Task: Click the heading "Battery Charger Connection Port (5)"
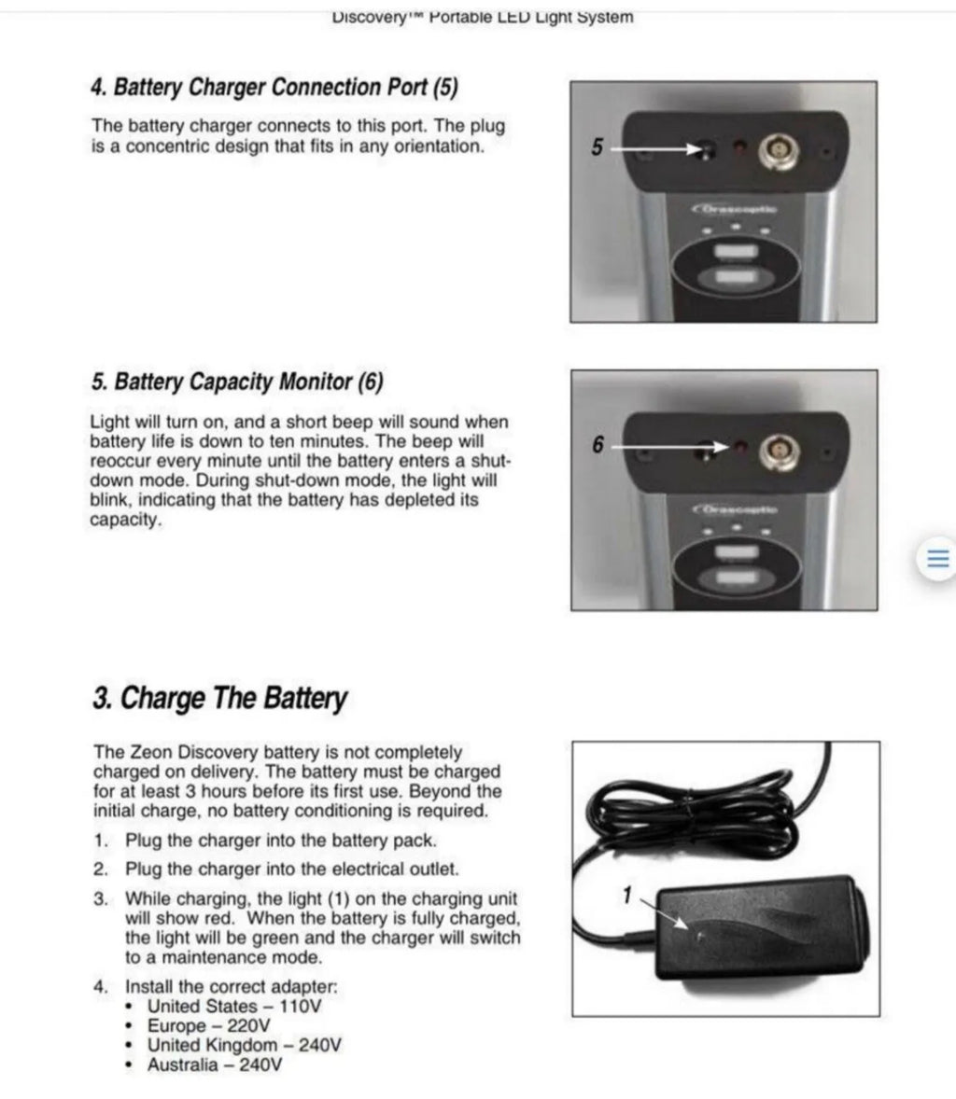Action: pyautogui.click(x=274, y=88)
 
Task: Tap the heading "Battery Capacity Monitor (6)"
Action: pyautogui.click(x=237, y=382)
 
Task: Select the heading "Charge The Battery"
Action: pyautogui.click(x=219, y=699)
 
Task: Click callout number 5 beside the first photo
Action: pyautogui.click(x=598, y=146)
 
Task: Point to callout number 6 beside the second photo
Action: pyautogui.click(x=598, y=445)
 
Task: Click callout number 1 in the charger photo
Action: pyautogui.click(x=627, y=896)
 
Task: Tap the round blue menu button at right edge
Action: pyautogui.click(x=936, y=559)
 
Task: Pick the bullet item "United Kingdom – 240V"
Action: pyautogui.click(x=244, y=1045)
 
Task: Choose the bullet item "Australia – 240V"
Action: pyautogui.click(x=215, y=1064)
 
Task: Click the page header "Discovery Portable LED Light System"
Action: pyautogui.click(x=483, y=17)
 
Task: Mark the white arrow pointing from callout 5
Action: pyautogui.click(x=659, y=147)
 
